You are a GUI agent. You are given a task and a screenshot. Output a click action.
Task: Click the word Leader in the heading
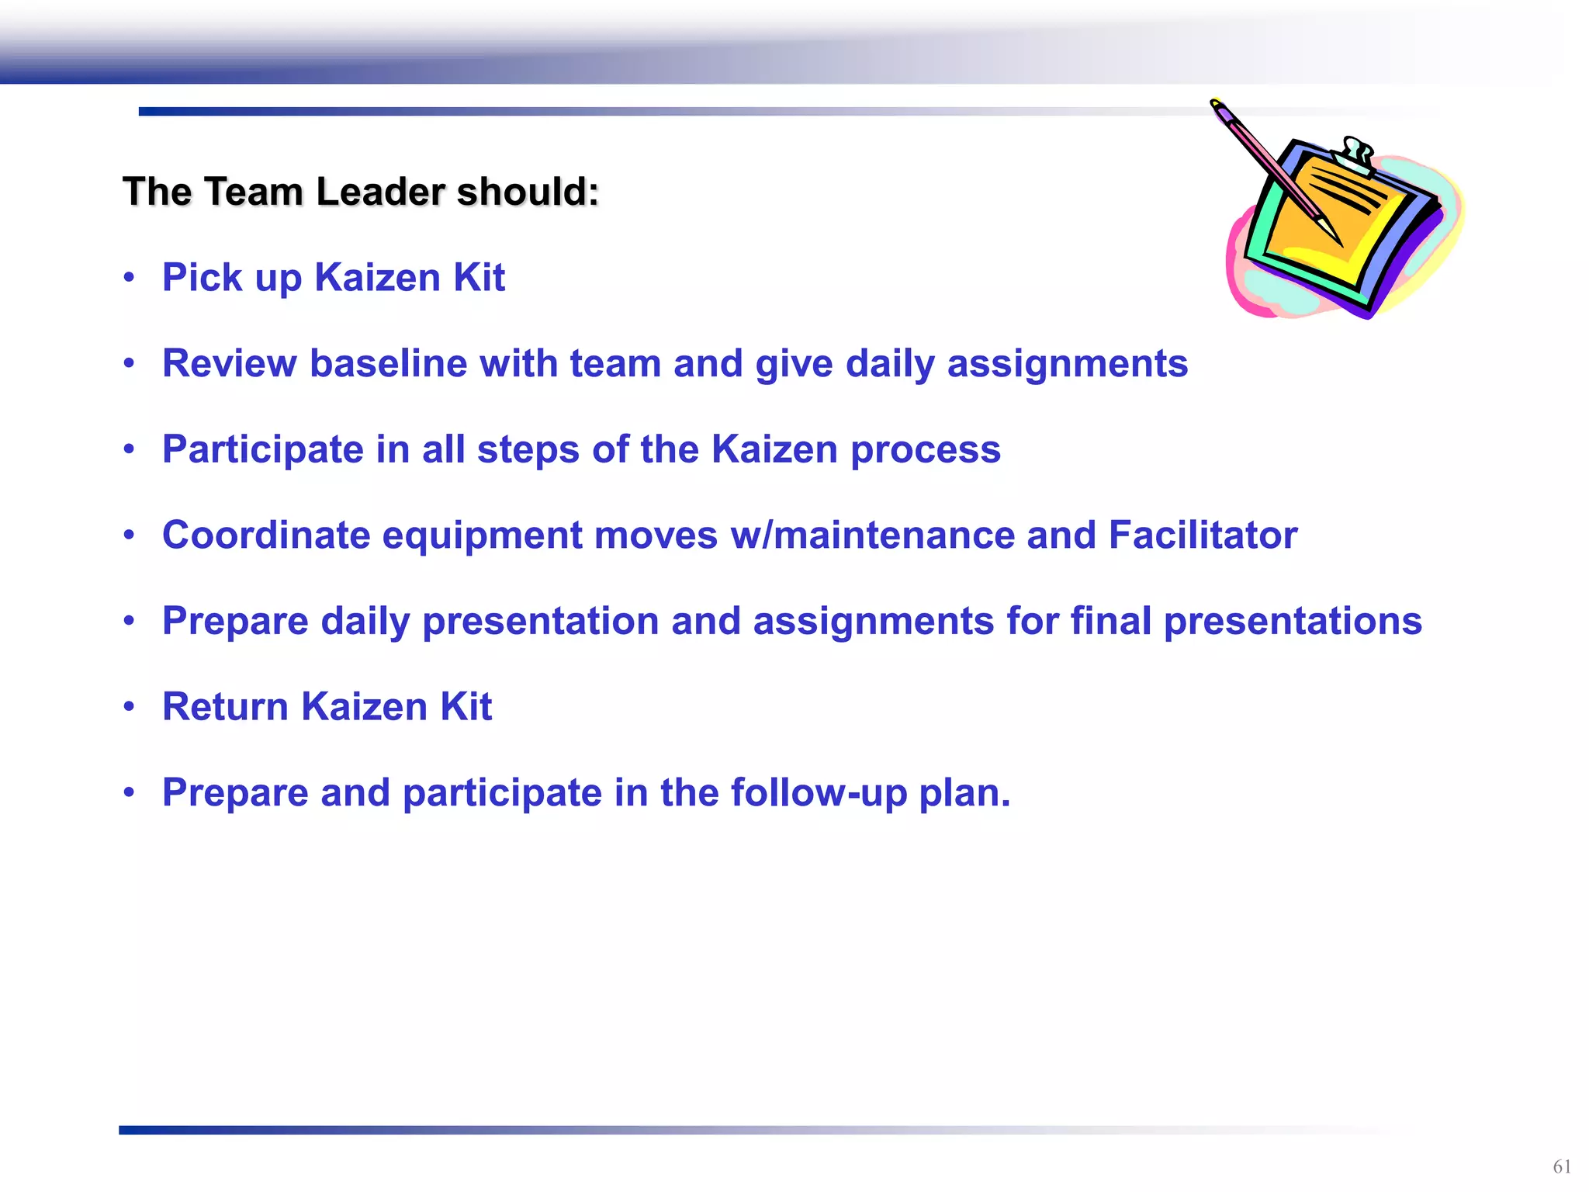(x=379, y=192)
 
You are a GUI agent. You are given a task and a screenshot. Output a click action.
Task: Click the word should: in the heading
(x=528, y=192)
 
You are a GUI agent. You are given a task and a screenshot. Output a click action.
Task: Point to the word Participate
(x=262, y=450)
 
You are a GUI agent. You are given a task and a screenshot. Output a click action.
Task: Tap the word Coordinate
(x=265, y=535)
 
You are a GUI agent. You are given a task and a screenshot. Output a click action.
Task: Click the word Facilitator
(x=1203, y=535)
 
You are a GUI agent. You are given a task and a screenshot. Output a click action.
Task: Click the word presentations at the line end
(x=1293, y=622)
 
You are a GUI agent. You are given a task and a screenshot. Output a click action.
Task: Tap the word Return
(x=225, y=707)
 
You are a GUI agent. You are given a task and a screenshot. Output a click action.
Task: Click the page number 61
(x=1562, y=1166)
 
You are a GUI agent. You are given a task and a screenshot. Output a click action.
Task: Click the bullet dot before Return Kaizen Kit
(x=130, y=707)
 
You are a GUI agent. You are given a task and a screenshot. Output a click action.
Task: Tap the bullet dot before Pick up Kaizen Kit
(x=130, y=277)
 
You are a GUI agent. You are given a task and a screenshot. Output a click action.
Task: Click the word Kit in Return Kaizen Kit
(x=466, y=707)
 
